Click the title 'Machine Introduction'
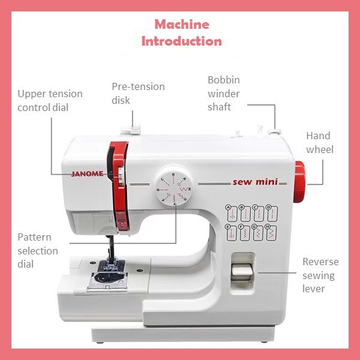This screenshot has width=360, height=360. (x=181, y=33)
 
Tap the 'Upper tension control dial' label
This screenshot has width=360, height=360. (x=50, y=101)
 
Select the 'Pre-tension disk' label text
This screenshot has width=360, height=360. (x=138, y=93)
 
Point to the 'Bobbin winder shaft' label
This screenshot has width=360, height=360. (x=224, y=94)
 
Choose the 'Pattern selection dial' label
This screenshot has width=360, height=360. (x=38, y=250)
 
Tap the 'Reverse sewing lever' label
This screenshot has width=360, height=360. (x=320, y=275)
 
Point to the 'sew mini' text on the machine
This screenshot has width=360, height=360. (x=255, y=182)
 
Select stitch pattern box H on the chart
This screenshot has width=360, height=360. (x=271, y=233)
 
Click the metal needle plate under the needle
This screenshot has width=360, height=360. (x=108, y=280)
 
